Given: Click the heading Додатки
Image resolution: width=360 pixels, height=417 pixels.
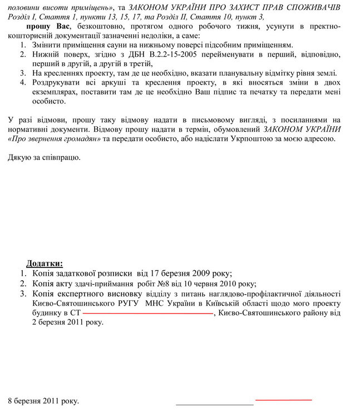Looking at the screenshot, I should pos(45,263).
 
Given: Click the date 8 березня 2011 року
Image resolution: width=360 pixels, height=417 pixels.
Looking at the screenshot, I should pos(43,400).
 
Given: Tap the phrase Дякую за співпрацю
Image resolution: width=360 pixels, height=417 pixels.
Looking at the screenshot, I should pos(44,157).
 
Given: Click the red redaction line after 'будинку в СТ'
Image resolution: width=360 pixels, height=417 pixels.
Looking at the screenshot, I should pos(147,314).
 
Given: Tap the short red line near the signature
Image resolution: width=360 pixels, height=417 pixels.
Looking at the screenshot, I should pos(283,399).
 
